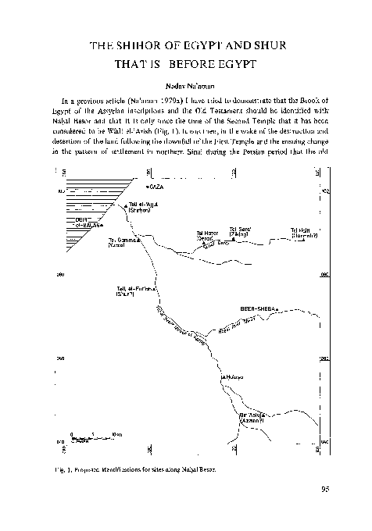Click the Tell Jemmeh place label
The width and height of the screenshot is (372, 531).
[121, 244]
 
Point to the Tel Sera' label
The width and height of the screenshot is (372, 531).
[239, 231]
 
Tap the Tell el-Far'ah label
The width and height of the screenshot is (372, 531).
[132, 292]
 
